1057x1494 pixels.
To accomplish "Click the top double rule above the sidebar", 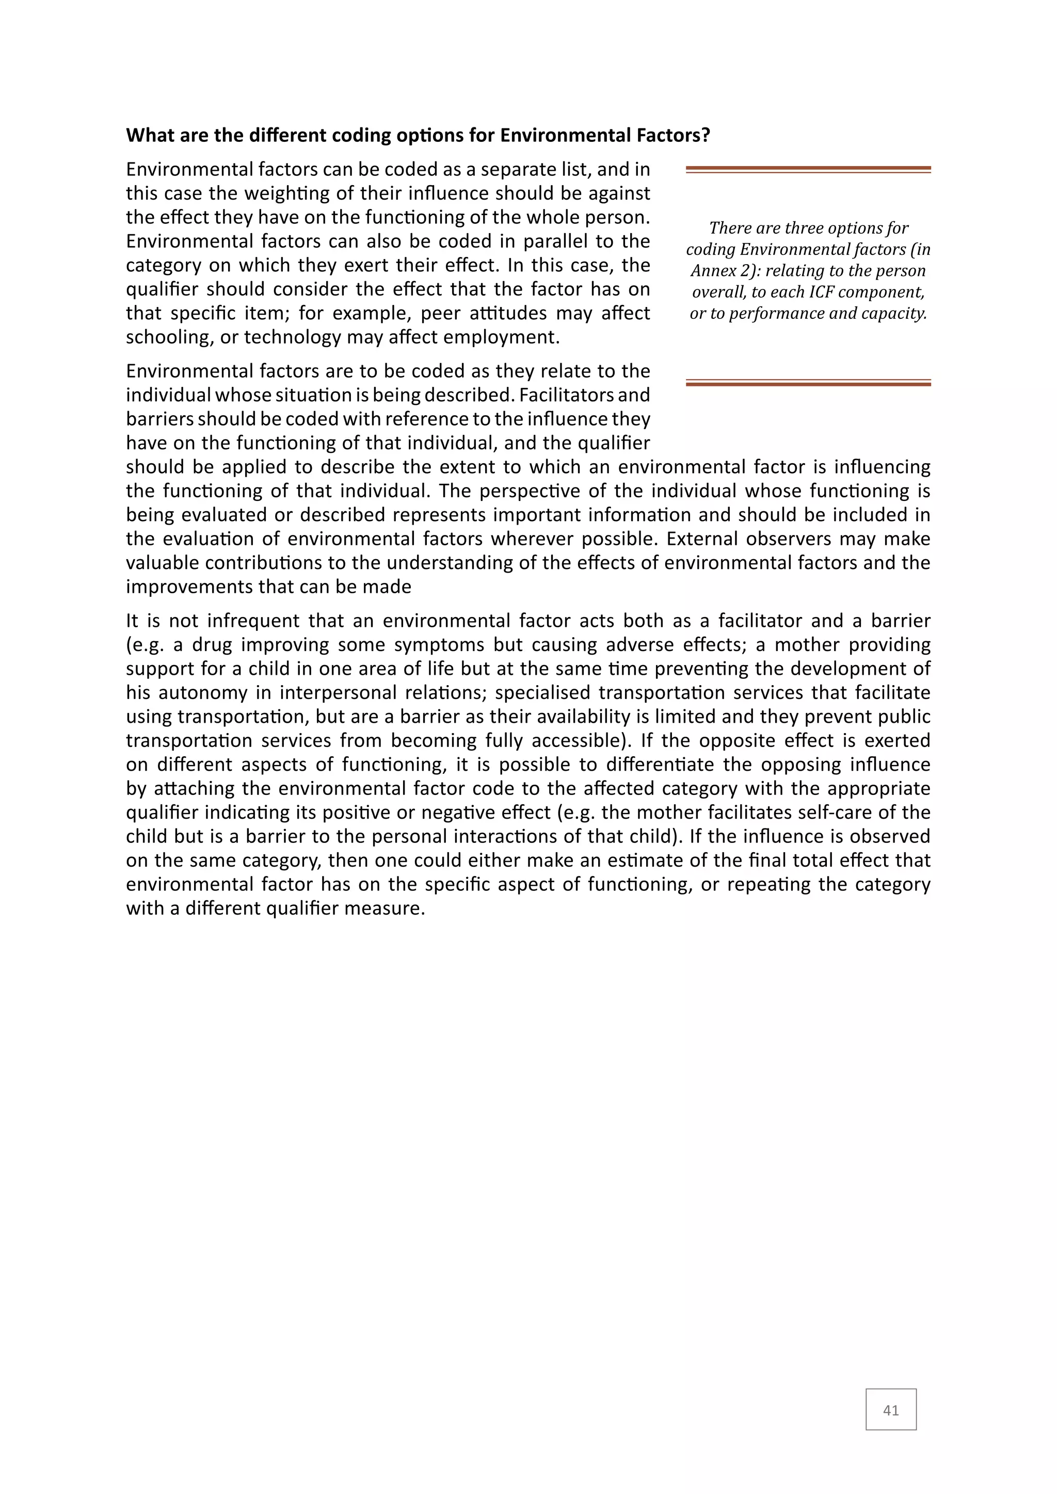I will [808, 169].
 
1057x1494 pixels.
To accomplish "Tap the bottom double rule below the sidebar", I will [808, 383].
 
